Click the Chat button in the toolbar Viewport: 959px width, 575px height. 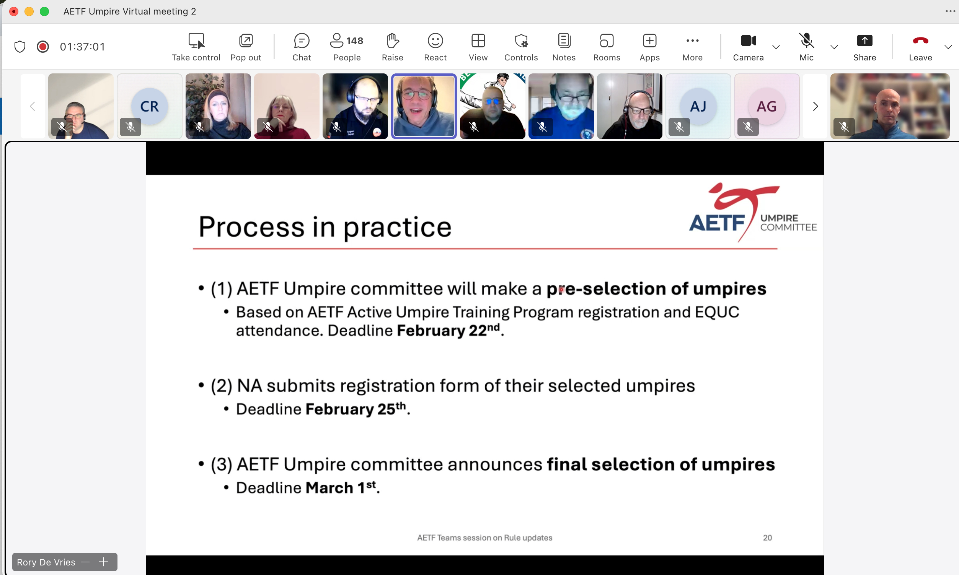(301, 47)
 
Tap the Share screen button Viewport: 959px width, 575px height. (864, 47)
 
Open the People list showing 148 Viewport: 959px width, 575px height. (347, 47)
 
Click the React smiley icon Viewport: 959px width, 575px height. (435, 40)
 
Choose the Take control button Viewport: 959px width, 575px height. (196, 47)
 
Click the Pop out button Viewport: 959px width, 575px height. (245, 47)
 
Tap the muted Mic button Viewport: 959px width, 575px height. (806, 47)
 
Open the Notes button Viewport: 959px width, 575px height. (564, 47)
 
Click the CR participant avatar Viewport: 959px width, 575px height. (149, 106)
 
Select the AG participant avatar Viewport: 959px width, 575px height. (767, 106)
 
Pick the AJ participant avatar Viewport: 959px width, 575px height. (698, 106)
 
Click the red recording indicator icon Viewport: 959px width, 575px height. (42, 47)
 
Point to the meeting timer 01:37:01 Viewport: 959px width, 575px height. (82, 47)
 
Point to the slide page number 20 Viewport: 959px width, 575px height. (767, 538)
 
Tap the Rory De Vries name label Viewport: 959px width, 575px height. (46, 562)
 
